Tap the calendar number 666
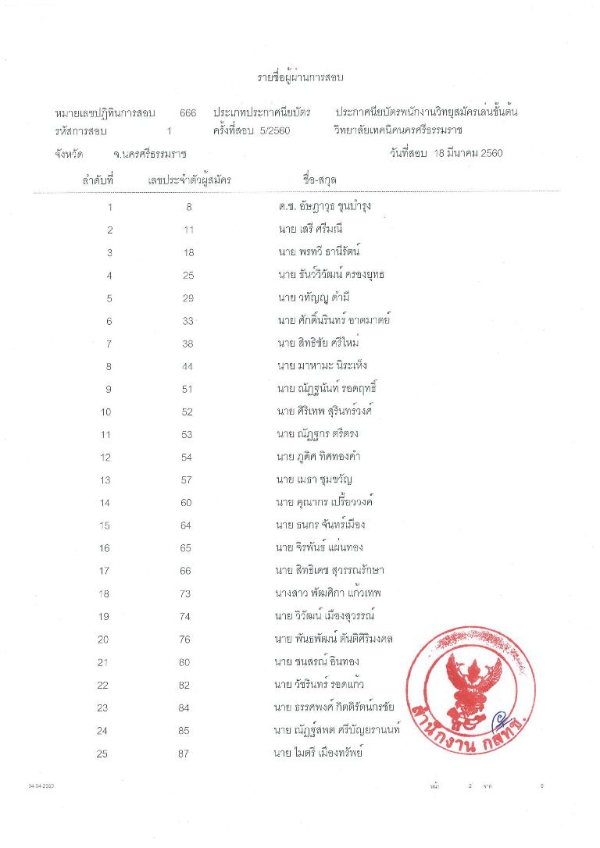(187, 113)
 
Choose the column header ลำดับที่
(98, 180)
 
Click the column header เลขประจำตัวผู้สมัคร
(189, 180)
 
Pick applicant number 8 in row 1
(189, 207)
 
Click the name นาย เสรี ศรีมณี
(309, 229)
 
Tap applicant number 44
(187, 365)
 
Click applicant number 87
(187, 754)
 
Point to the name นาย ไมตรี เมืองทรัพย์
(319, 753)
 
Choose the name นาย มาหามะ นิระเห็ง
(321, 365)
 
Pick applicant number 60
(186, 502)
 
